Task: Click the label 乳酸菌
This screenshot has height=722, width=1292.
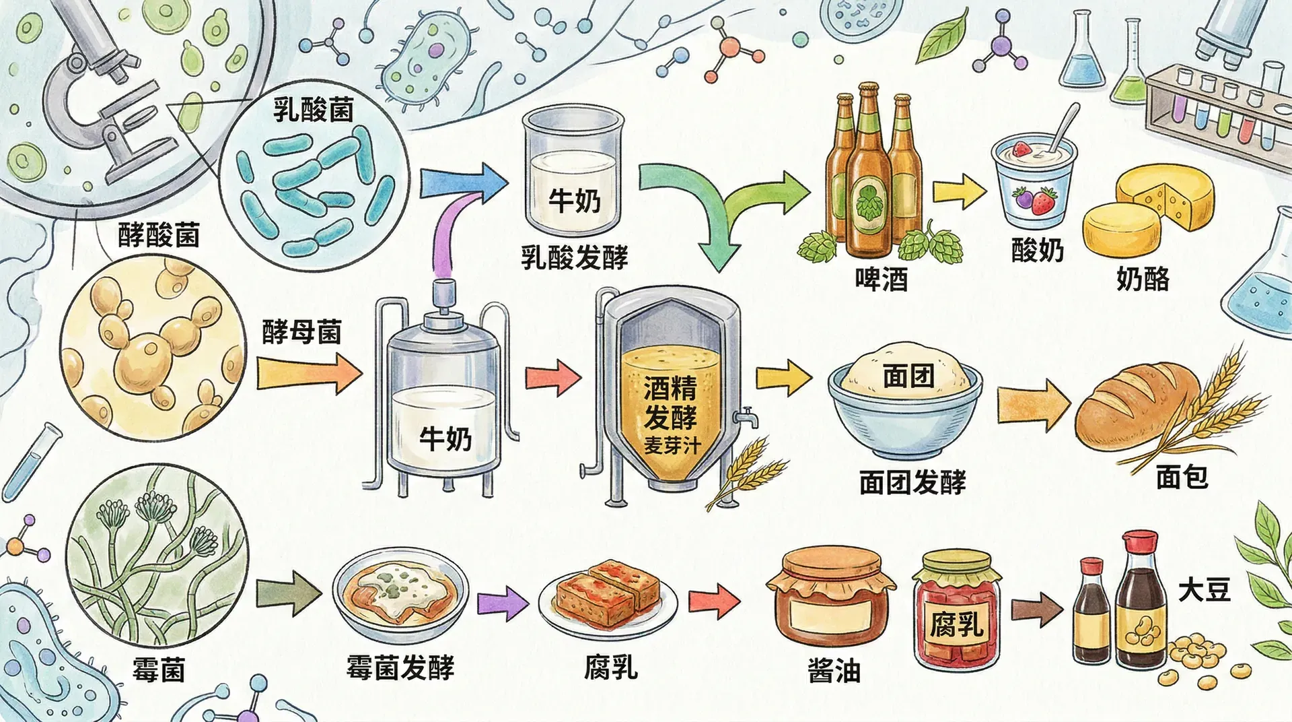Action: coord(313,110)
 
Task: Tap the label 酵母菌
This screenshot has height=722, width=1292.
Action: coord(301,332)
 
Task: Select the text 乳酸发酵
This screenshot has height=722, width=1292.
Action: coord(574,257)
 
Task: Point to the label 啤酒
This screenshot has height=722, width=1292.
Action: coord(881,278)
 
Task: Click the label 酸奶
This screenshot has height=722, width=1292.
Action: coord(1037,251)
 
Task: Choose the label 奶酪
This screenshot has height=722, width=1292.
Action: coord(1143,277)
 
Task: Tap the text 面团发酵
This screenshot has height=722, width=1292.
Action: coord(912,482)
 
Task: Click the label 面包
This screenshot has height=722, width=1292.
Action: coord(1182,477)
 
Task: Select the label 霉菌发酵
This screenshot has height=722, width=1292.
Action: coord(400,667)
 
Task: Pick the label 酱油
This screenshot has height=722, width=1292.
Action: coord(834,670)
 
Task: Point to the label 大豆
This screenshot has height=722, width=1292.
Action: coord(1204,591)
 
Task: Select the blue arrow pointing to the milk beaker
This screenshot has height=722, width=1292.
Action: coord(463,180)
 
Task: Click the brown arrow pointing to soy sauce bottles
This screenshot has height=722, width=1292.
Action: coord(1036,610)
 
